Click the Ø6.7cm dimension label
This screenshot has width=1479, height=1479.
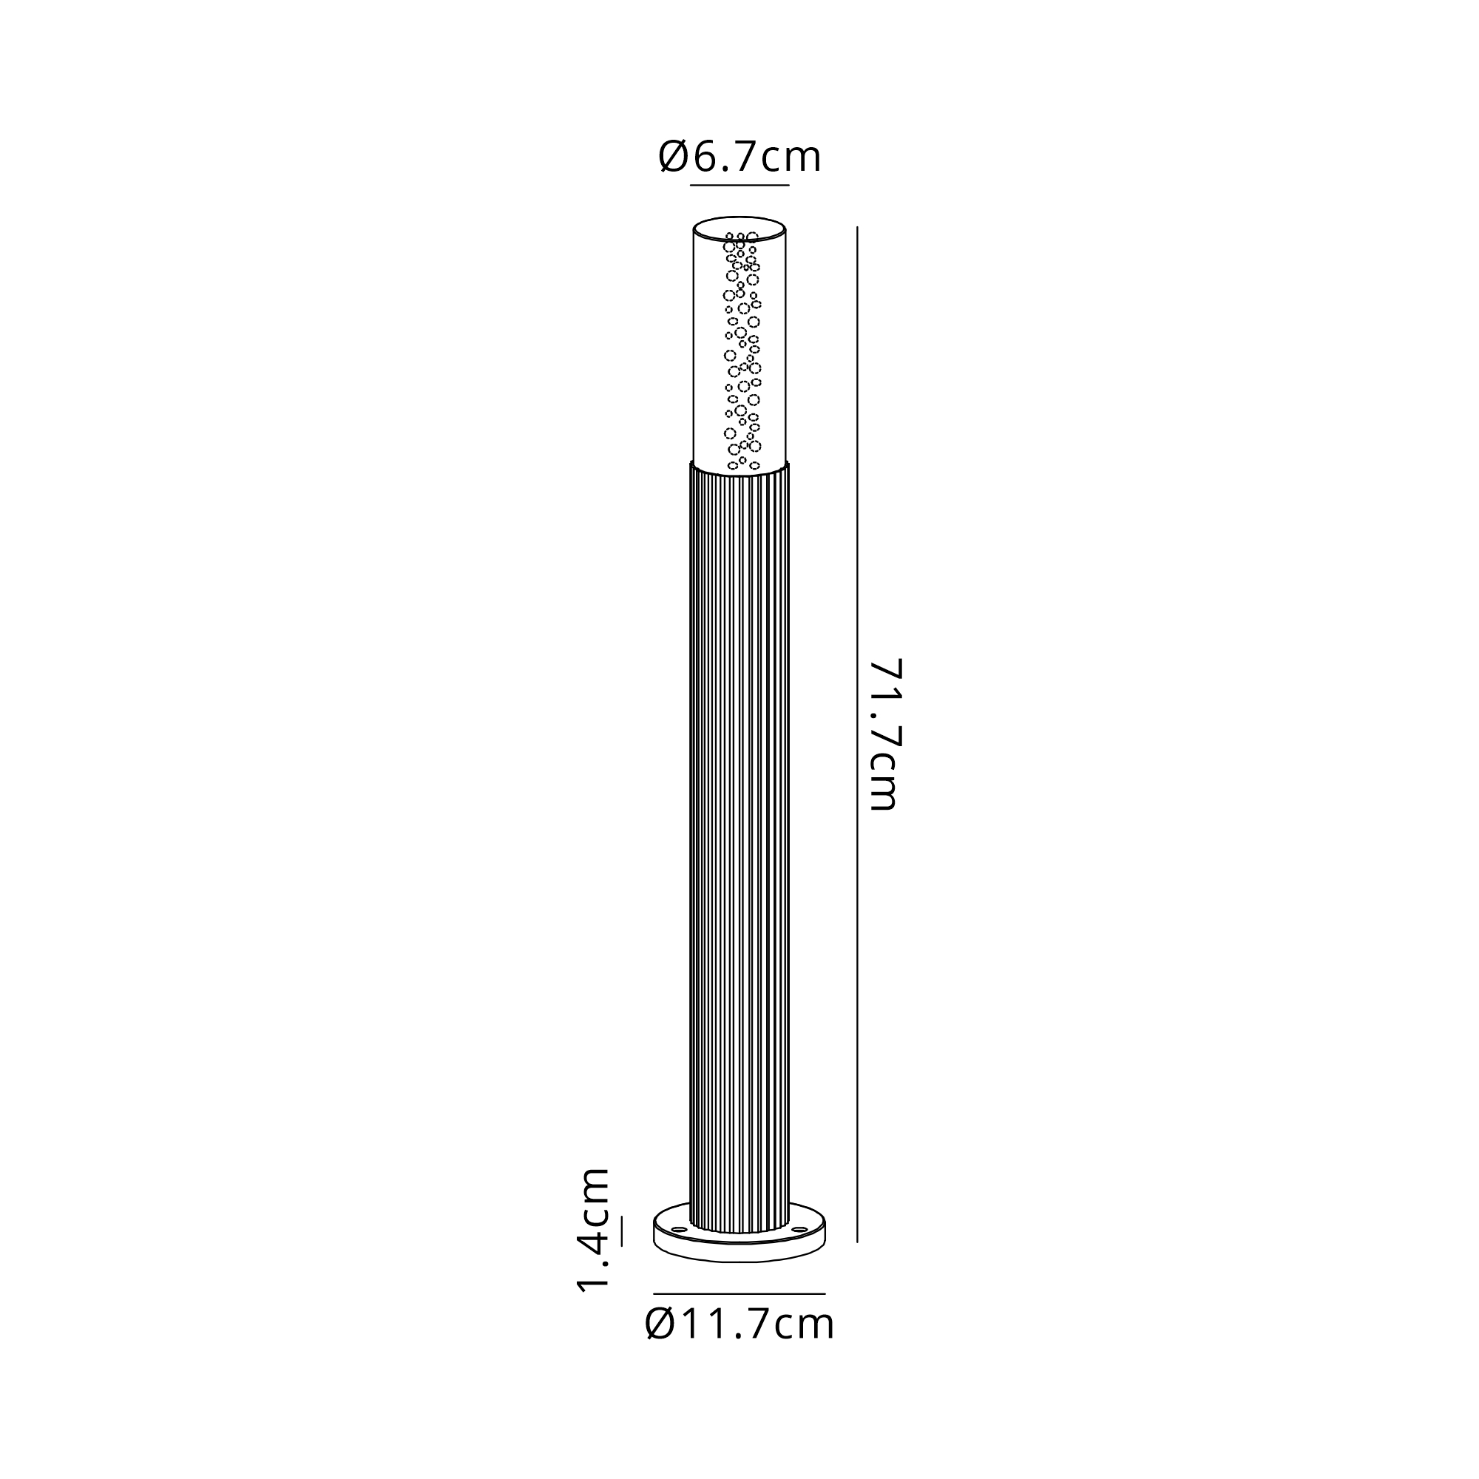coord(739,158)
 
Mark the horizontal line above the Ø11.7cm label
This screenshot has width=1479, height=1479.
coord(739,1293)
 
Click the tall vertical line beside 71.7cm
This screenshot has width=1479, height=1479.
coord(857,734)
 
